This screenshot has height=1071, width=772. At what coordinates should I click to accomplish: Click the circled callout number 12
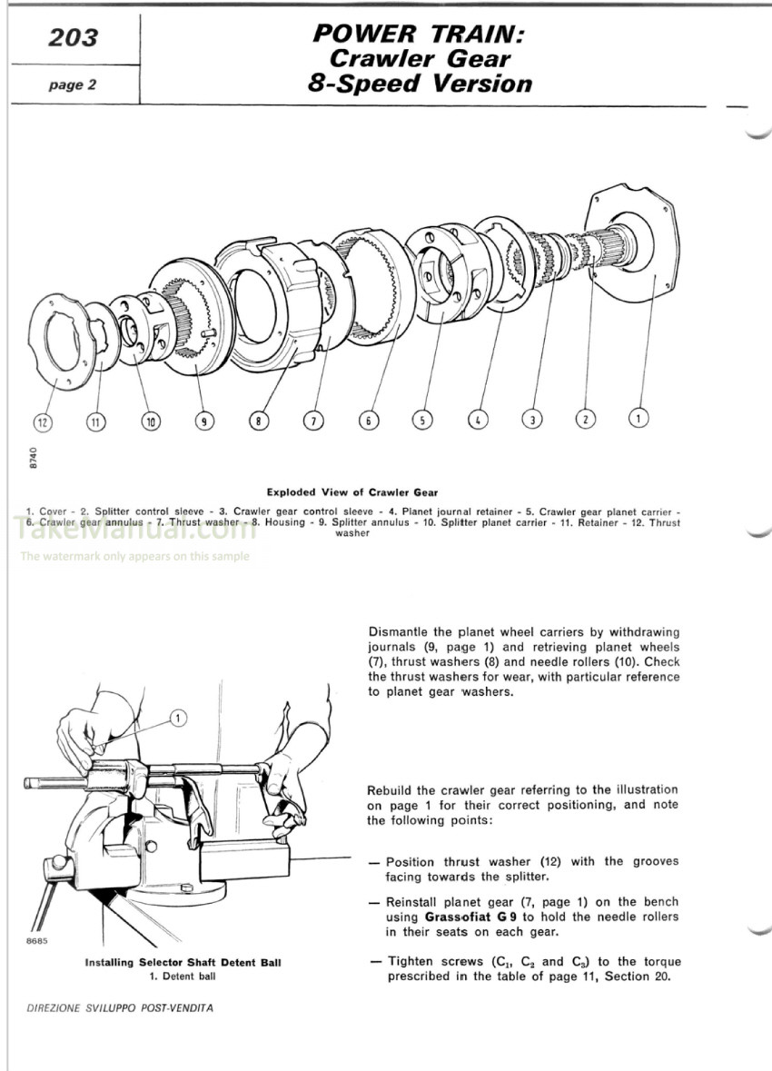point(43,421)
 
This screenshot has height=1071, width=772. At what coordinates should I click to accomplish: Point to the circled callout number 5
point(421,420)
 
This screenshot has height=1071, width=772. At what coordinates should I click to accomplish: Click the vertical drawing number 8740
point(34,457)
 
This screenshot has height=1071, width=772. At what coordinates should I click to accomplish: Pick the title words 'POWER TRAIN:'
point(418,35)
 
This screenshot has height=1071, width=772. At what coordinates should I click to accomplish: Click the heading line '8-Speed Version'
point(420,84)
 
